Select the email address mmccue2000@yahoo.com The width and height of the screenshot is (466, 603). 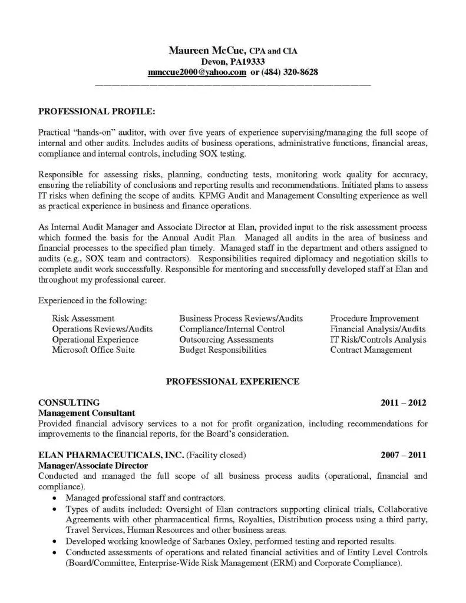(x=197, y=72)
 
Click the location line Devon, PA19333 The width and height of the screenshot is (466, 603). (x=233, y=62)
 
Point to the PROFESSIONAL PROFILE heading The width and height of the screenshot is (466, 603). (x=97, y=111)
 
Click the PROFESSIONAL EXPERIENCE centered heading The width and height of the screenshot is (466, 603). (x=233, y=382)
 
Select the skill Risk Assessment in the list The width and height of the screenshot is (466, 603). (x=83, y=319)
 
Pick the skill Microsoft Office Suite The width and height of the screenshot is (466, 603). (x=93, y=350)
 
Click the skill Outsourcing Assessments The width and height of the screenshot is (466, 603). (x=226, y=340)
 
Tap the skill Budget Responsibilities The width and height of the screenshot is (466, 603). (x=223, y=350)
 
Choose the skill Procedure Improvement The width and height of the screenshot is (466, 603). (x=374, y=319)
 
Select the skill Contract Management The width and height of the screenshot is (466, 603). (x=371, y=350)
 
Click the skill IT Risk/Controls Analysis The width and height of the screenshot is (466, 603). (x=378, y=340)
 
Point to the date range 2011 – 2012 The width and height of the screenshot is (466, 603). (x=403, y=403)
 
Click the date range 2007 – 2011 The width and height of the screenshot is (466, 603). (x=403, y=455)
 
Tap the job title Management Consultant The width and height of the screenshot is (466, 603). (x=87, y=413)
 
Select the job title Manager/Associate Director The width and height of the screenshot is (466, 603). (x=92, y=465)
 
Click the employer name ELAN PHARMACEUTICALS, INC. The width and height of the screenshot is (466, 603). (x=111, y=455)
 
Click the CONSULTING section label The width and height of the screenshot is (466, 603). (x=68, y=403)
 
